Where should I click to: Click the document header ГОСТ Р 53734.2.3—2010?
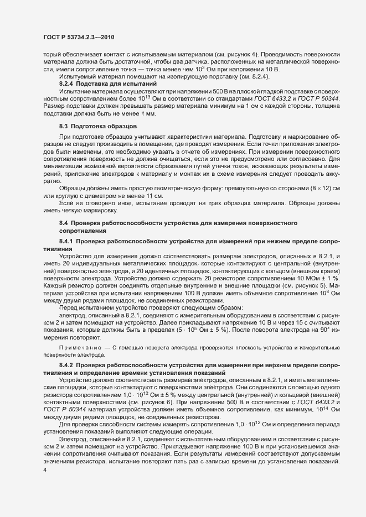[x=78, y=37]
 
